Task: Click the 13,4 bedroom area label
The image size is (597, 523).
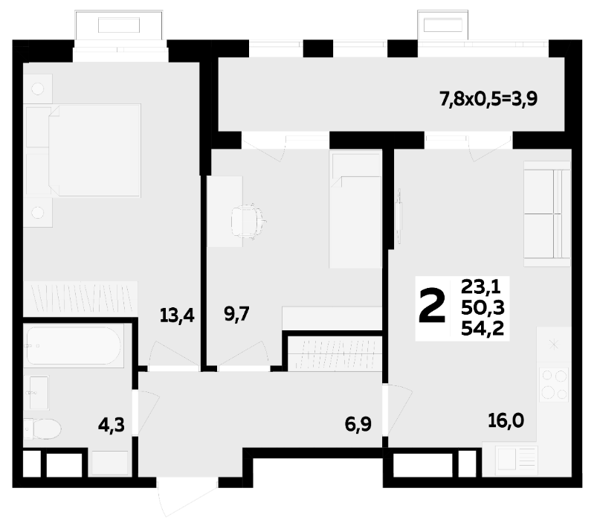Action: coord(177,315)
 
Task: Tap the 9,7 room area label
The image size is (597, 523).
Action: coord(236,314)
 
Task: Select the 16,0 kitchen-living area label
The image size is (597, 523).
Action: coord(506,421)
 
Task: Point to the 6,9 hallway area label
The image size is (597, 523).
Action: coord(358,424)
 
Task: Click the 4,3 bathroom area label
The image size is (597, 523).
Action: coord(112,425)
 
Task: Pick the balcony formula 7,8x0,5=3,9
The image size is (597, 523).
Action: coord(488,100)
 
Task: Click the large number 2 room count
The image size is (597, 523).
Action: coord(432,306)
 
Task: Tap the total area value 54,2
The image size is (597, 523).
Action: coord(483,329)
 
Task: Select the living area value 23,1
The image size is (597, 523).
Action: coord(480,286)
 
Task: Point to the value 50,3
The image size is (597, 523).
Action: coord(483,307)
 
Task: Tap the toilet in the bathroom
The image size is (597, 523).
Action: coord(42,429)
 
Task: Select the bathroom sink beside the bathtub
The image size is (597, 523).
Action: coord(39,392)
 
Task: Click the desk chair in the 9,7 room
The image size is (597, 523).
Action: coord(248,222)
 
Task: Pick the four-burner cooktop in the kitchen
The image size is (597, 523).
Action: coord(554,385)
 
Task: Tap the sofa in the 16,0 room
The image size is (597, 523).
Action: coord(546,214)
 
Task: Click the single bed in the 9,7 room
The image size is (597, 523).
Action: coord(355,209)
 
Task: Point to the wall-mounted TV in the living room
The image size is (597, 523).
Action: coord(398,216)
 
